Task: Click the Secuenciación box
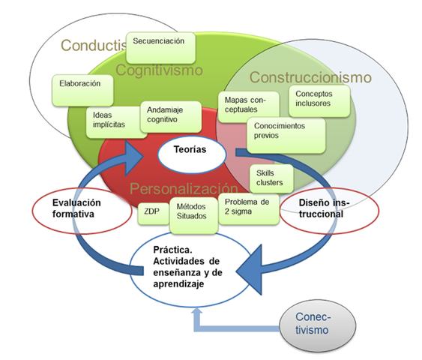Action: (161, 47)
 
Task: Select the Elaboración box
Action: (83, 90)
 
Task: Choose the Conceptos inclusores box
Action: (319, 99)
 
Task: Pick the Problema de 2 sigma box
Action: (247, 207)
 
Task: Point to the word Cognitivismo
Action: (160, 70)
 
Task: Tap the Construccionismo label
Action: (310, 76)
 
